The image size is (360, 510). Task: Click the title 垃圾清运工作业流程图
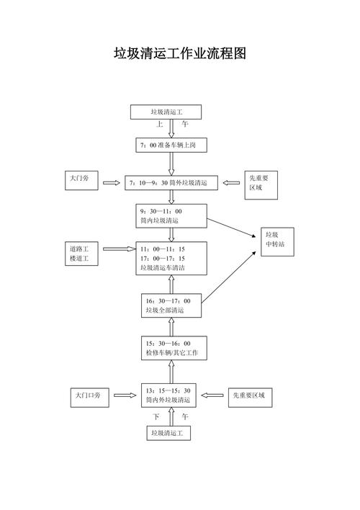(x=180, y=53)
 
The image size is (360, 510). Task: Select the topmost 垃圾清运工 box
(x=166, y=112)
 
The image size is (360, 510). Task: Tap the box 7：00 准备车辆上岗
(x=171, y=145)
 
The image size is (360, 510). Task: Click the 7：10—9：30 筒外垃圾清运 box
(x=171, y=183)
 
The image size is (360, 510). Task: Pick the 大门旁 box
(x=81, y=181)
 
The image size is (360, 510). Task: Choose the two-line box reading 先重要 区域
(x=261, y=185)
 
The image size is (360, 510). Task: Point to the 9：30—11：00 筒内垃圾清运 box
(x=171, y=216)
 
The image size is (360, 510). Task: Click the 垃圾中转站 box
(x=277, y=241)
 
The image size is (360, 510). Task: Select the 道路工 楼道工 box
(x=81, y=254)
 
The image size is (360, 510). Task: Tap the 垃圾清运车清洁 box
(x=171, y=259)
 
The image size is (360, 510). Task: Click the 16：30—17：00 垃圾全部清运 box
(x=171, y=305)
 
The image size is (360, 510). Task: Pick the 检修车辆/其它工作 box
(x=174, y=348)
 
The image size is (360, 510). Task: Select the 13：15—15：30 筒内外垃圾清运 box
(x=168, y=395)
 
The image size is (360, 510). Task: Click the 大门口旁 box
(x=90, y=398)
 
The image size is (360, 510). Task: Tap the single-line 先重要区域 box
(x=250, y=398)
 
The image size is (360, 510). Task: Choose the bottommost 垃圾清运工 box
(x=168, y=433)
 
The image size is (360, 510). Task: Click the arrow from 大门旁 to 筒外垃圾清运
(x=112, y=183)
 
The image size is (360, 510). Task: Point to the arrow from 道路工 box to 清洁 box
(x=120, y=249)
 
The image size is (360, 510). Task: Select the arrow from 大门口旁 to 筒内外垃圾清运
(x=125, y=395)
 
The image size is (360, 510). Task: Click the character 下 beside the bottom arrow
(x=156, y=416)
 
